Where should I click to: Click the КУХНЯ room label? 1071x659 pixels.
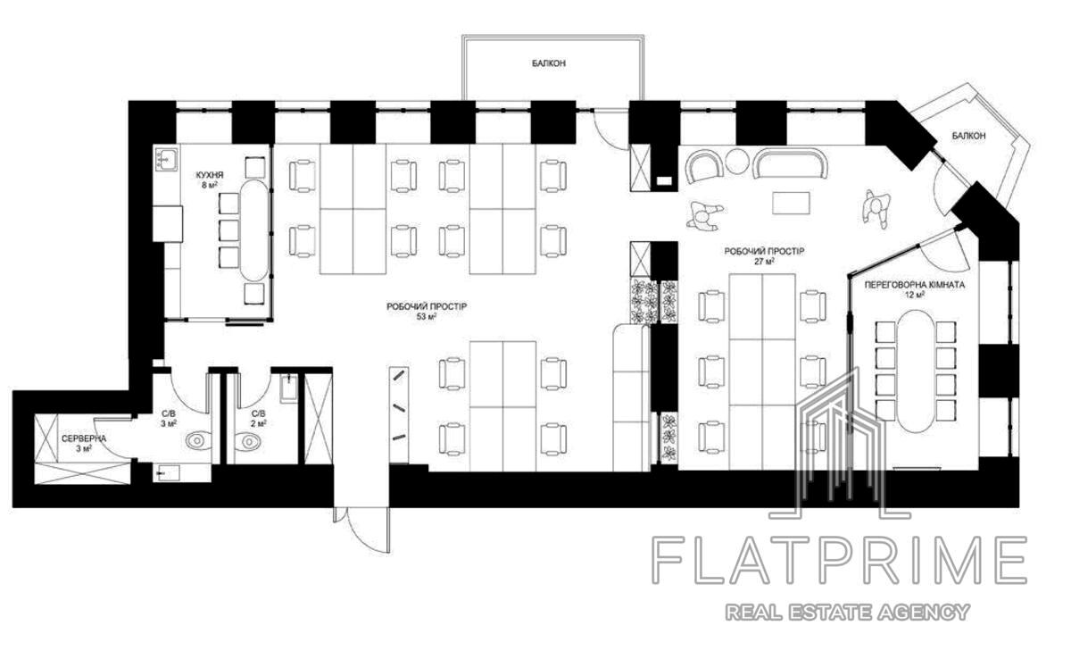tap(210, 174)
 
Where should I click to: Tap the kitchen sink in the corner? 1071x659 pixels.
tap(165, 159)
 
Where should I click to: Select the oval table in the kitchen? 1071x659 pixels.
tap(254, 230)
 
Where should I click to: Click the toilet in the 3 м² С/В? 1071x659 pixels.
tap(198, 440)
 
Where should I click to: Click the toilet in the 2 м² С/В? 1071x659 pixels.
tap(249, 440)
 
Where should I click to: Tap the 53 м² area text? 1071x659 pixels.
tap(427, 317)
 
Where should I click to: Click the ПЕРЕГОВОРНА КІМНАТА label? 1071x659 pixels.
tap(914, 285)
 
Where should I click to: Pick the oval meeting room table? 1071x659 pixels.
tap(915, 371)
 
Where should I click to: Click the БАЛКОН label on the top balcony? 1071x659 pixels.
tap(549, 63)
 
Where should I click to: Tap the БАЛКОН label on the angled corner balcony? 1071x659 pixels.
tap(968, 136)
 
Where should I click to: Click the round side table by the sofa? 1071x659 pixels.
tap(738, 161)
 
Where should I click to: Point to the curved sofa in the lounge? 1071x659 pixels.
tap(790, 162)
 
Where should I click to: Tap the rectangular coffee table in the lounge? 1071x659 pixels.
tap(792, 204)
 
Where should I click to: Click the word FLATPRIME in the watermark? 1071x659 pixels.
tap(840, 560)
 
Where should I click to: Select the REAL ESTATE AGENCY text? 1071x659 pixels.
tap(848, 612)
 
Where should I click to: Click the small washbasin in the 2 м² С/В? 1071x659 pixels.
tap(288, 388)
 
